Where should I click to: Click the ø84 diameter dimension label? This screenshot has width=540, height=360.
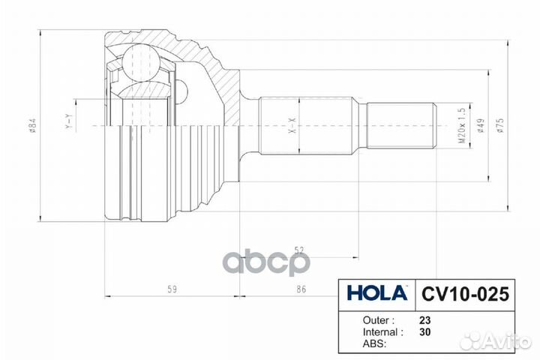pos(32,125)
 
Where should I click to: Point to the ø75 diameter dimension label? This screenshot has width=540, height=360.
pos(500,125)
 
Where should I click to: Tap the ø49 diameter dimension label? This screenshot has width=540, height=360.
pos(481,125)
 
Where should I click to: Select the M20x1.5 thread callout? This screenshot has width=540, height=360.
pos(461,125)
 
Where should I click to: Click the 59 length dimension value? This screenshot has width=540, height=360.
pos(172,289)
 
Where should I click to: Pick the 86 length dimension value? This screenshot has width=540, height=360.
pos(301,289)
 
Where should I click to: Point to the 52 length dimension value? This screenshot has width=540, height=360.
pos(299,250)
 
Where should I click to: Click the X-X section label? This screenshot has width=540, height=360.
pos(292,125)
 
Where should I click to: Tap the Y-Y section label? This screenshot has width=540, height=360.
pos(70,121)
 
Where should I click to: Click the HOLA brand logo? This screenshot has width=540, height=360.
pos(377,293)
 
